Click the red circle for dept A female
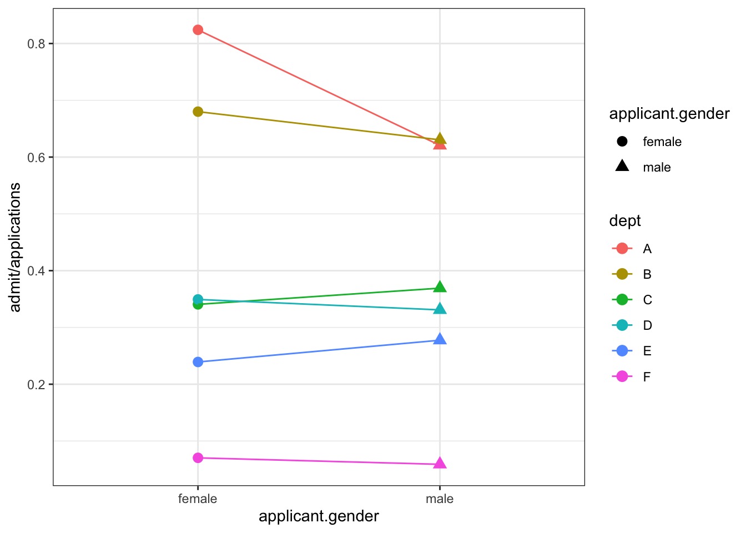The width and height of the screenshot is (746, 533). click(x=198, y=30)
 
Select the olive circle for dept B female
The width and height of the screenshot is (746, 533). click(x=198, y=112)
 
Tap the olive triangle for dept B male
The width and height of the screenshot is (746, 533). click(x=440, y=139)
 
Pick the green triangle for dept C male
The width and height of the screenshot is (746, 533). click(x=440, y=287)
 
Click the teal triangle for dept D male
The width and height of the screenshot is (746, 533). click(x=440, y=309)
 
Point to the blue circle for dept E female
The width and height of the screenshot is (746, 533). click(x=198, y=362)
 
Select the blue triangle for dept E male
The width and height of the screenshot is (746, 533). click(x=440, y=339)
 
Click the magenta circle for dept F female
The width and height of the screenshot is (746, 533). click(x=198, y=458)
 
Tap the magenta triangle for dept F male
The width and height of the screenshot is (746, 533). click(x=440, y=464)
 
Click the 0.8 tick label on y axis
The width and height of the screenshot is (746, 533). click(x=36, y=44)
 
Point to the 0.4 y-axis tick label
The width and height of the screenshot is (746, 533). click(x=36, y=271)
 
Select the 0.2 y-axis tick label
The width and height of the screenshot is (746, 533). click(x=36, y=385)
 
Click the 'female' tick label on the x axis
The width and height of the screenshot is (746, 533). click(x=198, y=499)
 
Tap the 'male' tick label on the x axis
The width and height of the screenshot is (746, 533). click(x=440, y=499)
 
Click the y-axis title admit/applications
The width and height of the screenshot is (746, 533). click(x=15, y=247)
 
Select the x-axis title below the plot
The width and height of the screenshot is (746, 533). click(x=319, y=516)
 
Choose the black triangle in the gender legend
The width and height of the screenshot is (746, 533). click(x=622, y=166)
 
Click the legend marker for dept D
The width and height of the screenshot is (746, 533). click(x=622, y=325)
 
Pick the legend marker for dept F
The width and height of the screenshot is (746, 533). click(x=622, y=376)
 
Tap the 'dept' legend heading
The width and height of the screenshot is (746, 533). click(x=625, y=221)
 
